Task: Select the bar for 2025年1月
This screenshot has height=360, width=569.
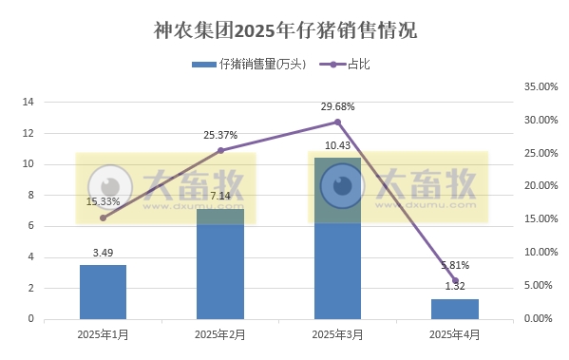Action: [103, 292]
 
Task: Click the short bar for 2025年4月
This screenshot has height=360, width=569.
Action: [455, 309]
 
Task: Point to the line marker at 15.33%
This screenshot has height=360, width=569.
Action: [103, 218]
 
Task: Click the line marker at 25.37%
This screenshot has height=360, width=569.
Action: [220, 150]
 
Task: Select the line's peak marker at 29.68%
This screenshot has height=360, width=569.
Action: [337, 122]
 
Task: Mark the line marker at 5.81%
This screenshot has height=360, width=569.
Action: [455, 280]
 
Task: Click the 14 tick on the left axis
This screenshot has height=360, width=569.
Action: [28, 103]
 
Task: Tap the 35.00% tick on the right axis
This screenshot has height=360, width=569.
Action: [541, 86]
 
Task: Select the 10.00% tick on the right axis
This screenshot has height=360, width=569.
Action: [541, 253]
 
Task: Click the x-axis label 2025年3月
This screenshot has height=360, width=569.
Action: [337, 334]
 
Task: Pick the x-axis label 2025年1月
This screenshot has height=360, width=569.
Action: [103, 334]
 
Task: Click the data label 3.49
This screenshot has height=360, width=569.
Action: [103, 253]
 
